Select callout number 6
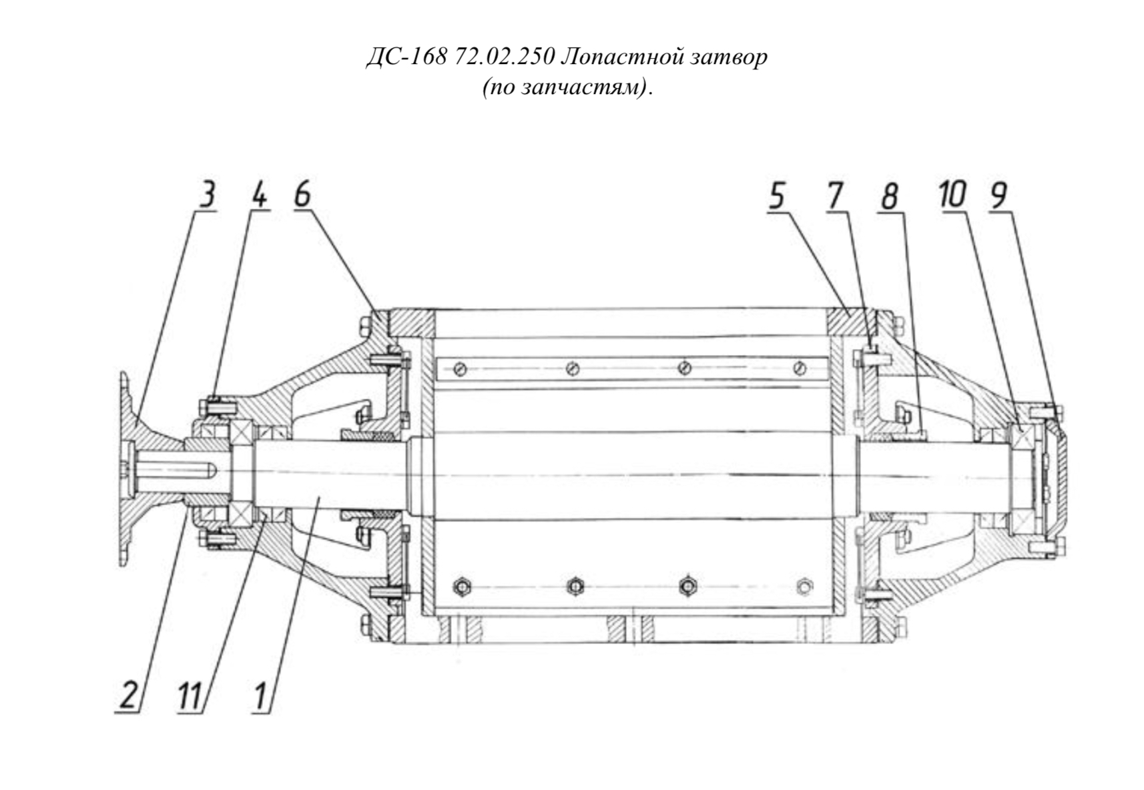(302, 195)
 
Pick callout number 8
(889, 197)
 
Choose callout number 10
(953, 195)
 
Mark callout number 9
(998, 195)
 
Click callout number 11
(190, 695)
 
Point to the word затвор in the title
(730, 57)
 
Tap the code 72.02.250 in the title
(503, 57)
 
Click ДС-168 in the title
(406, 57)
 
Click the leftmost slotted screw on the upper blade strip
(461, 369)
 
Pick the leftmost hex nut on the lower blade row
(462, 586)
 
